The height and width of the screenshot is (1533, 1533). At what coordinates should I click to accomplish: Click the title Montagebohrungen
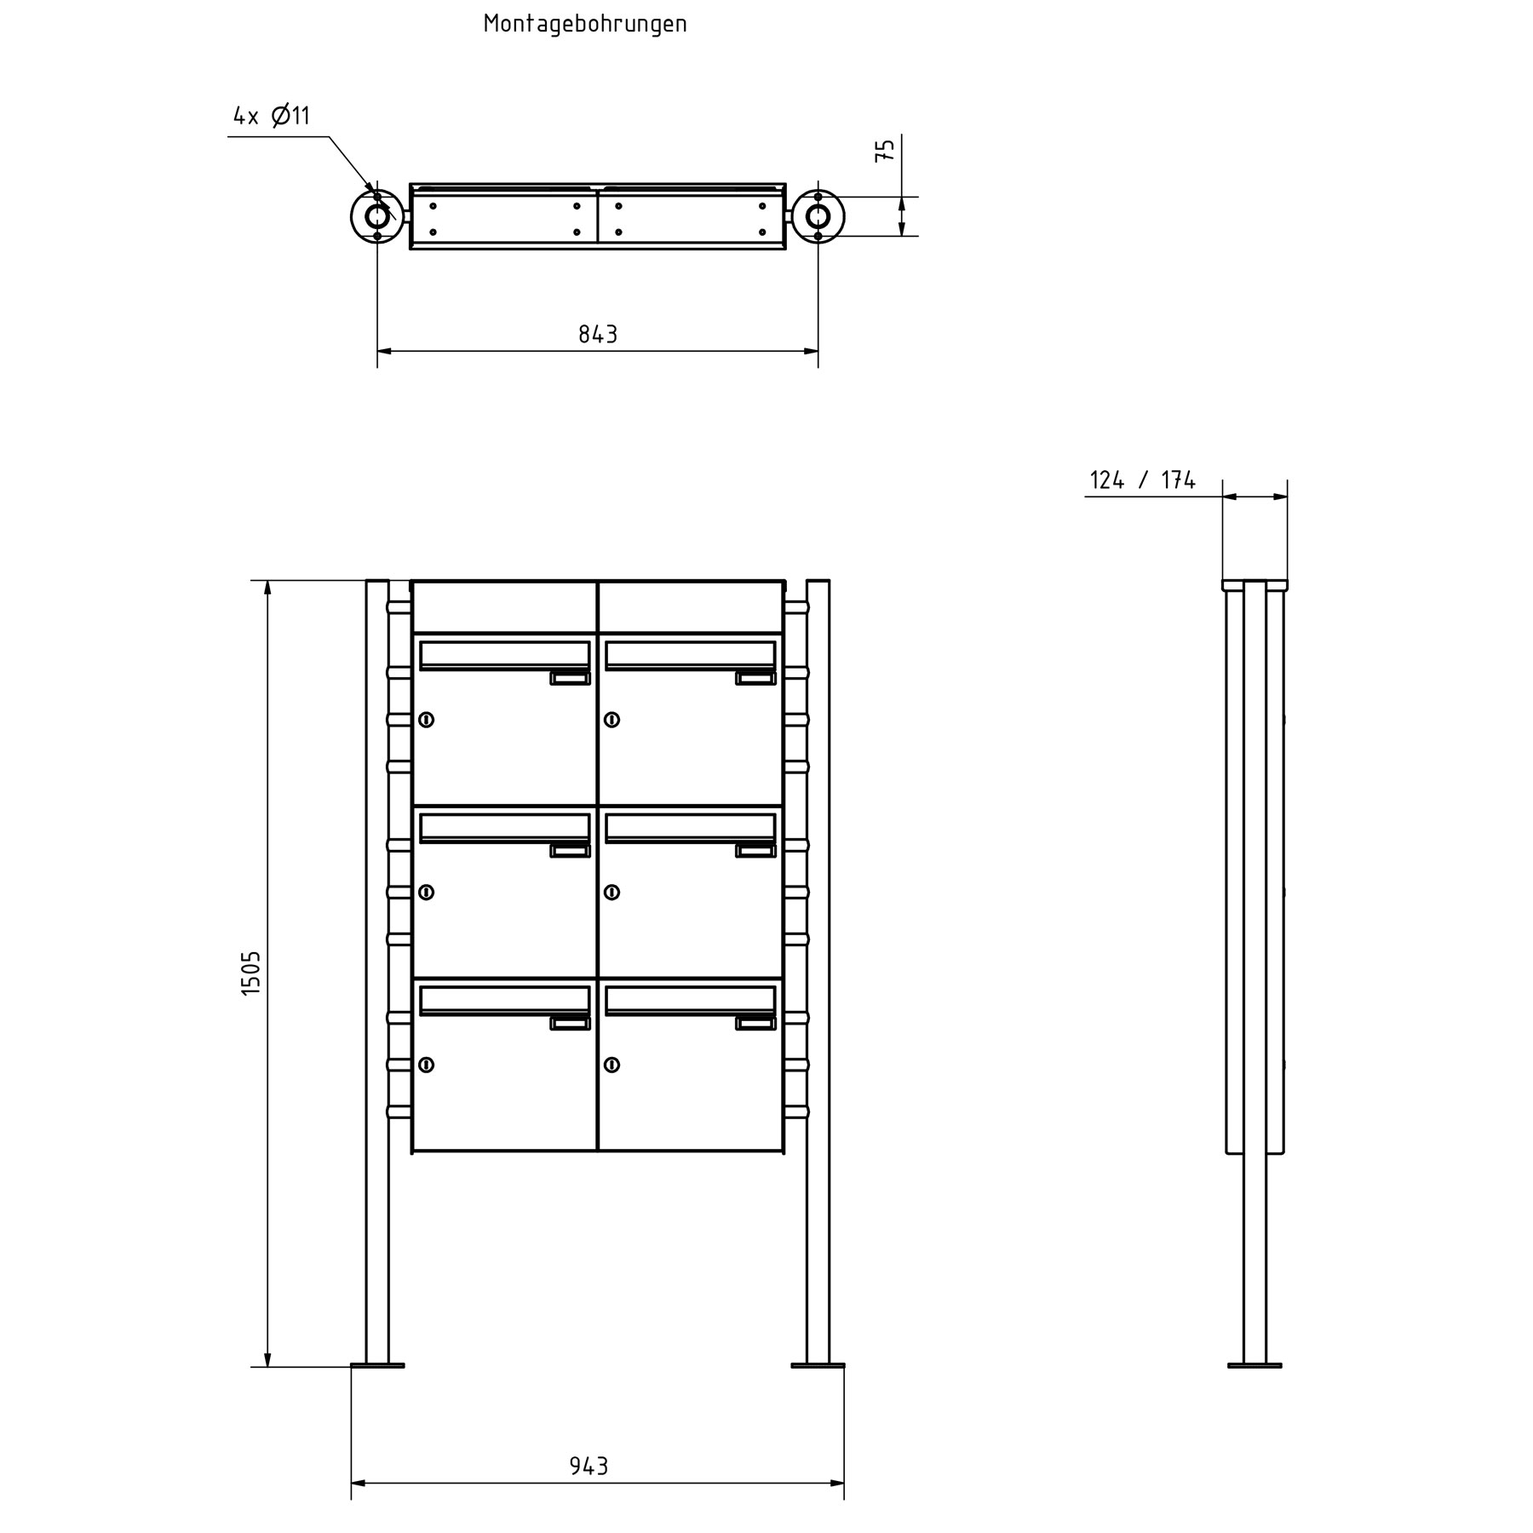[585, 24]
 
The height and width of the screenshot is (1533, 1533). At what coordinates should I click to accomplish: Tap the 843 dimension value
[598, 335]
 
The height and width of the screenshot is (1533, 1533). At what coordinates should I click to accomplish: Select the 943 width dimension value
[589, 1466]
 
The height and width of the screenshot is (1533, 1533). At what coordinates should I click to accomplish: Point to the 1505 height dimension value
[251, 973]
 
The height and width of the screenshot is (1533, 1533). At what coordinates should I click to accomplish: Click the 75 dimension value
[886, 151]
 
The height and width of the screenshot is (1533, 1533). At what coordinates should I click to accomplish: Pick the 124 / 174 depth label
[1143, 480]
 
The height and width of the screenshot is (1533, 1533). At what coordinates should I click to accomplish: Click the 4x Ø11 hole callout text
[272, 116]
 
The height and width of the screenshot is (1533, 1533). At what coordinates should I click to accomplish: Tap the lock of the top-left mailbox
[426, 720]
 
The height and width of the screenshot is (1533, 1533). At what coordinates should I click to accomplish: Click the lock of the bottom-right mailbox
[611, 1065]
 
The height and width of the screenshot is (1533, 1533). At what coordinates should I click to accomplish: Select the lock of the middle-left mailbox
[426, 893]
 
